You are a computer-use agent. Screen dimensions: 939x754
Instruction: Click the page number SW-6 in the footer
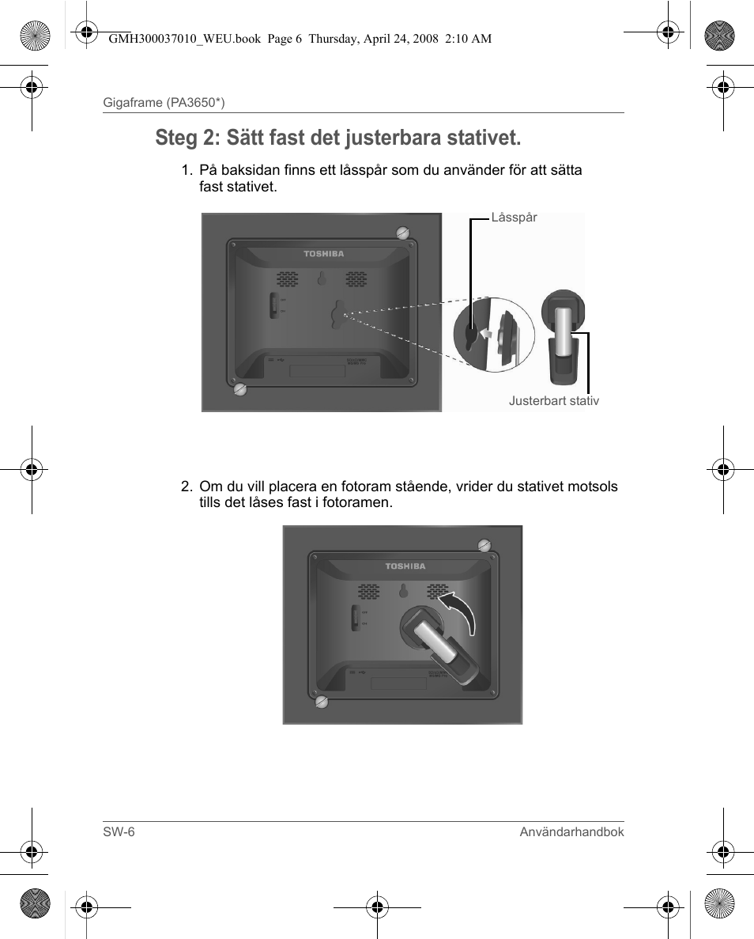point(119,832)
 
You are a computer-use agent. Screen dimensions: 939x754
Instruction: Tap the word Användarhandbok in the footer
point(571,832)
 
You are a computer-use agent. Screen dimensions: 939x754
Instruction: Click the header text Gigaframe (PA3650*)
point(164,103)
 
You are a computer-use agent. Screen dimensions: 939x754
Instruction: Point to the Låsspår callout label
point(514,218)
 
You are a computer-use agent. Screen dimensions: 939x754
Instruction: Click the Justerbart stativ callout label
point(553,401)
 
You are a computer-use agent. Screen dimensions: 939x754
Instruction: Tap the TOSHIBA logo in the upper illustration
point(324,254)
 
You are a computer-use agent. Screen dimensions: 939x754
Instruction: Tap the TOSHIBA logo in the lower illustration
point(405,566)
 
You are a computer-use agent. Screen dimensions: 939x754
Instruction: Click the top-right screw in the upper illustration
point(402,232)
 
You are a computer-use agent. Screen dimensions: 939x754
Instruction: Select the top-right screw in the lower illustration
point(484,544)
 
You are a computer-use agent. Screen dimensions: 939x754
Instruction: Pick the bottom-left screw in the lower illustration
point(321,702)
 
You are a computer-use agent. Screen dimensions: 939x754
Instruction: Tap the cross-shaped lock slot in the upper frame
point(336,313)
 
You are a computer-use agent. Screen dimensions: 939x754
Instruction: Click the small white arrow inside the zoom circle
point(488,335)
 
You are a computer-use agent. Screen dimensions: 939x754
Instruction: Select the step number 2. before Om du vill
point(187,487)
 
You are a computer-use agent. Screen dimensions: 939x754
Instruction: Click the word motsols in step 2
point(597,487)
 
